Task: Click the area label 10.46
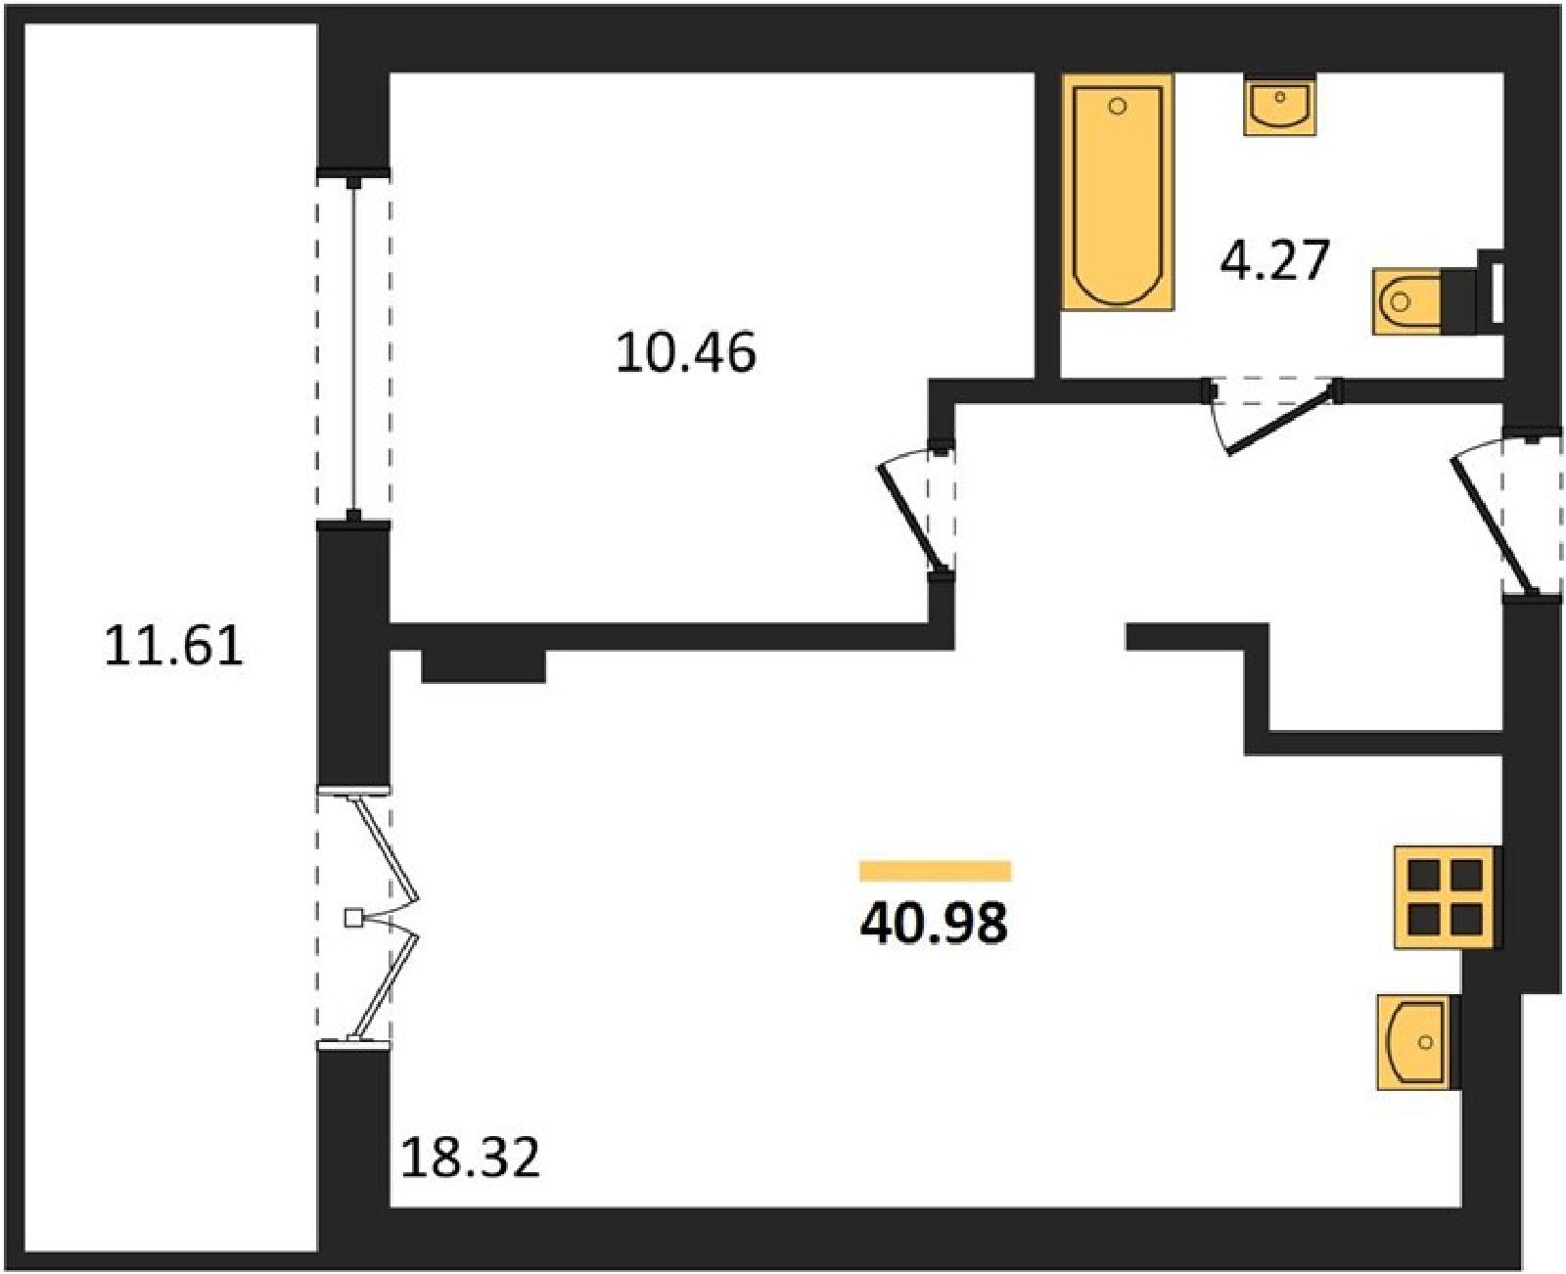pyautogui.click(x=685, y=353)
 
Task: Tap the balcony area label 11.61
pyautogui.click(x=173, y=646)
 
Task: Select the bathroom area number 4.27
pyautogui.click(x=1275, y=259)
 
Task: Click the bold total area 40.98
pyautogui.click(x=934, y=924)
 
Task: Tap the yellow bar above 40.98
pyautogui.click(x=935, y=871)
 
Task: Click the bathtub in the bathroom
pyautogui.click(x=1118, y=192)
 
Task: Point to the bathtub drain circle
pyautogui.click(x=1118, y=107)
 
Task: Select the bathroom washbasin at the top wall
pyautogui.click(x=1280, y=105)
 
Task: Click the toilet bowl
pyautogui.click(x=1405, y=302)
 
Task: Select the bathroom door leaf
pyautogui.click(x=1283, y=426)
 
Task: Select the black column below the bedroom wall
pyautogui.click(x=484, y=666)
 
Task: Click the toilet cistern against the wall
pyautogui.click(x=1459, y=302)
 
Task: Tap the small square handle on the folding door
pyautogui.click(x=353, y=918)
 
